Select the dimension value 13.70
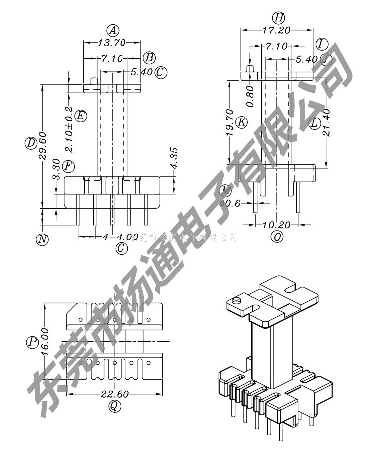[x=112, y=43]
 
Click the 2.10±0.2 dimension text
[x=69, y=129]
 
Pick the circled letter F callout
[x=68, y=165]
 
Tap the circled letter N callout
[x=43, y=238]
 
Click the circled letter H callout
[x=279, y=18]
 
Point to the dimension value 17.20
[x=276, y=31]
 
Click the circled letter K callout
[x=242, y=121]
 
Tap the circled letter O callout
[x=277, y=236]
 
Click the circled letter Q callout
[x=114, y=406]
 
